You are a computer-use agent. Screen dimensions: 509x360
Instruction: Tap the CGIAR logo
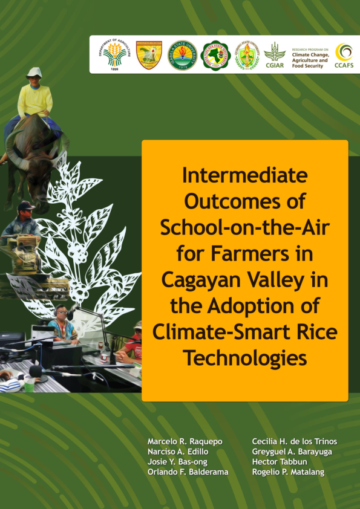coord(274,55)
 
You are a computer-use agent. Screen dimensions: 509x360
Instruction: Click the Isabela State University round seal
coord(182,55)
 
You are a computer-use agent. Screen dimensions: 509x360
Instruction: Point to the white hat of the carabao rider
coord(34,72)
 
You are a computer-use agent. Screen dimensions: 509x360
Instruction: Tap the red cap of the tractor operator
coord(26,207)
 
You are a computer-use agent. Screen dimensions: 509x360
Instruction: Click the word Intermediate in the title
coord(244,175)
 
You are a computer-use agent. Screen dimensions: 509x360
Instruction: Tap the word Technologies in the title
coord(244,358)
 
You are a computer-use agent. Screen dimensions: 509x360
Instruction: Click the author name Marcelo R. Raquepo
coord(185,442)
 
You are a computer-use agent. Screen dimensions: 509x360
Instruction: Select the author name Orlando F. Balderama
coord(188,472)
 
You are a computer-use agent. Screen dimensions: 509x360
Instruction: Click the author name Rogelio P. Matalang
coord(288,472)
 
